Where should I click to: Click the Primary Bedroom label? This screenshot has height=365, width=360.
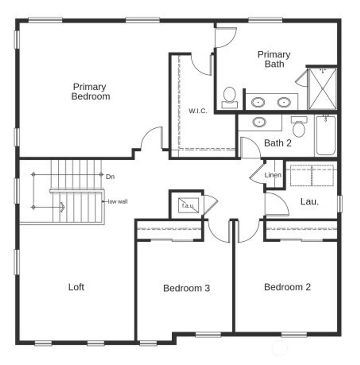click(91, 91)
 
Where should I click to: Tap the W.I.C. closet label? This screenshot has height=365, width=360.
click(198, 111)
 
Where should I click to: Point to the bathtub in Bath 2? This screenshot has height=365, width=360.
click(326, 135)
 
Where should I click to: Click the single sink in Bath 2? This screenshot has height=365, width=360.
click(259, 122)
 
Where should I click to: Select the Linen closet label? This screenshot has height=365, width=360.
click(273, 175)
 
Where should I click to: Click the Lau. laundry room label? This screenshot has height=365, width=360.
click(310, 201)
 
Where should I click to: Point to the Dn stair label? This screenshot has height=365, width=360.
click(110, 177)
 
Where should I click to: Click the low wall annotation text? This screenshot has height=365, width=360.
click(118, 201)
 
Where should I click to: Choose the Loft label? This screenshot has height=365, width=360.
click(76, 287)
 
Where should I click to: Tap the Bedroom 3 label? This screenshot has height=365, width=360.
click(187, 288)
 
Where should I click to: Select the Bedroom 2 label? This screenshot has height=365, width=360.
click(287, 287)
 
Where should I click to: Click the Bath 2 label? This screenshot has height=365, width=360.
click(278, 143)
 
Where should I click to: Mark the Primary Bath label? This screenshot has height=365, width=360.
click(274, 59)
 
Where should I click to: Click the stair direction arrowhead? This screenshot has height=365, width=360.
click(62, 207)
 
